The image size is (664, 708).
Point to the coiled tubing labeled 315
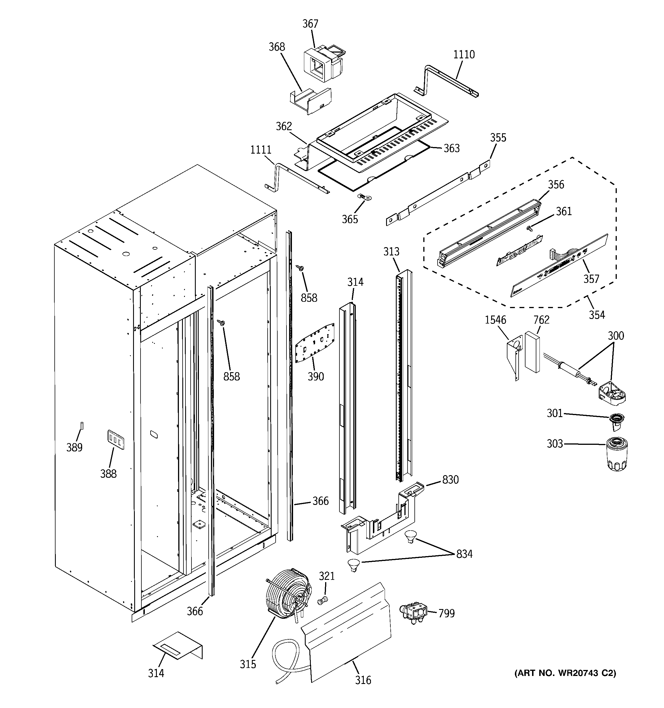288,598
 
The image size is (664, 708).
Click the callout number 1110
464,54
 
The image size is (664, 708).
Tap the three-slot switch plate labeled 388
116,439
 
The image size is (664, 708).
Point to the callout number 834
464,554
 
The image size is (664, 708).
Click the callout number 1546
495,320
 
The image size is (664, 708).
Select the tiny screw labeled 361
530,228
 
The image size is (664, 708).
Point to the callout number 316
363,680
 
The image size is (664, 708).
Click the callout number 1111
260,150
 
